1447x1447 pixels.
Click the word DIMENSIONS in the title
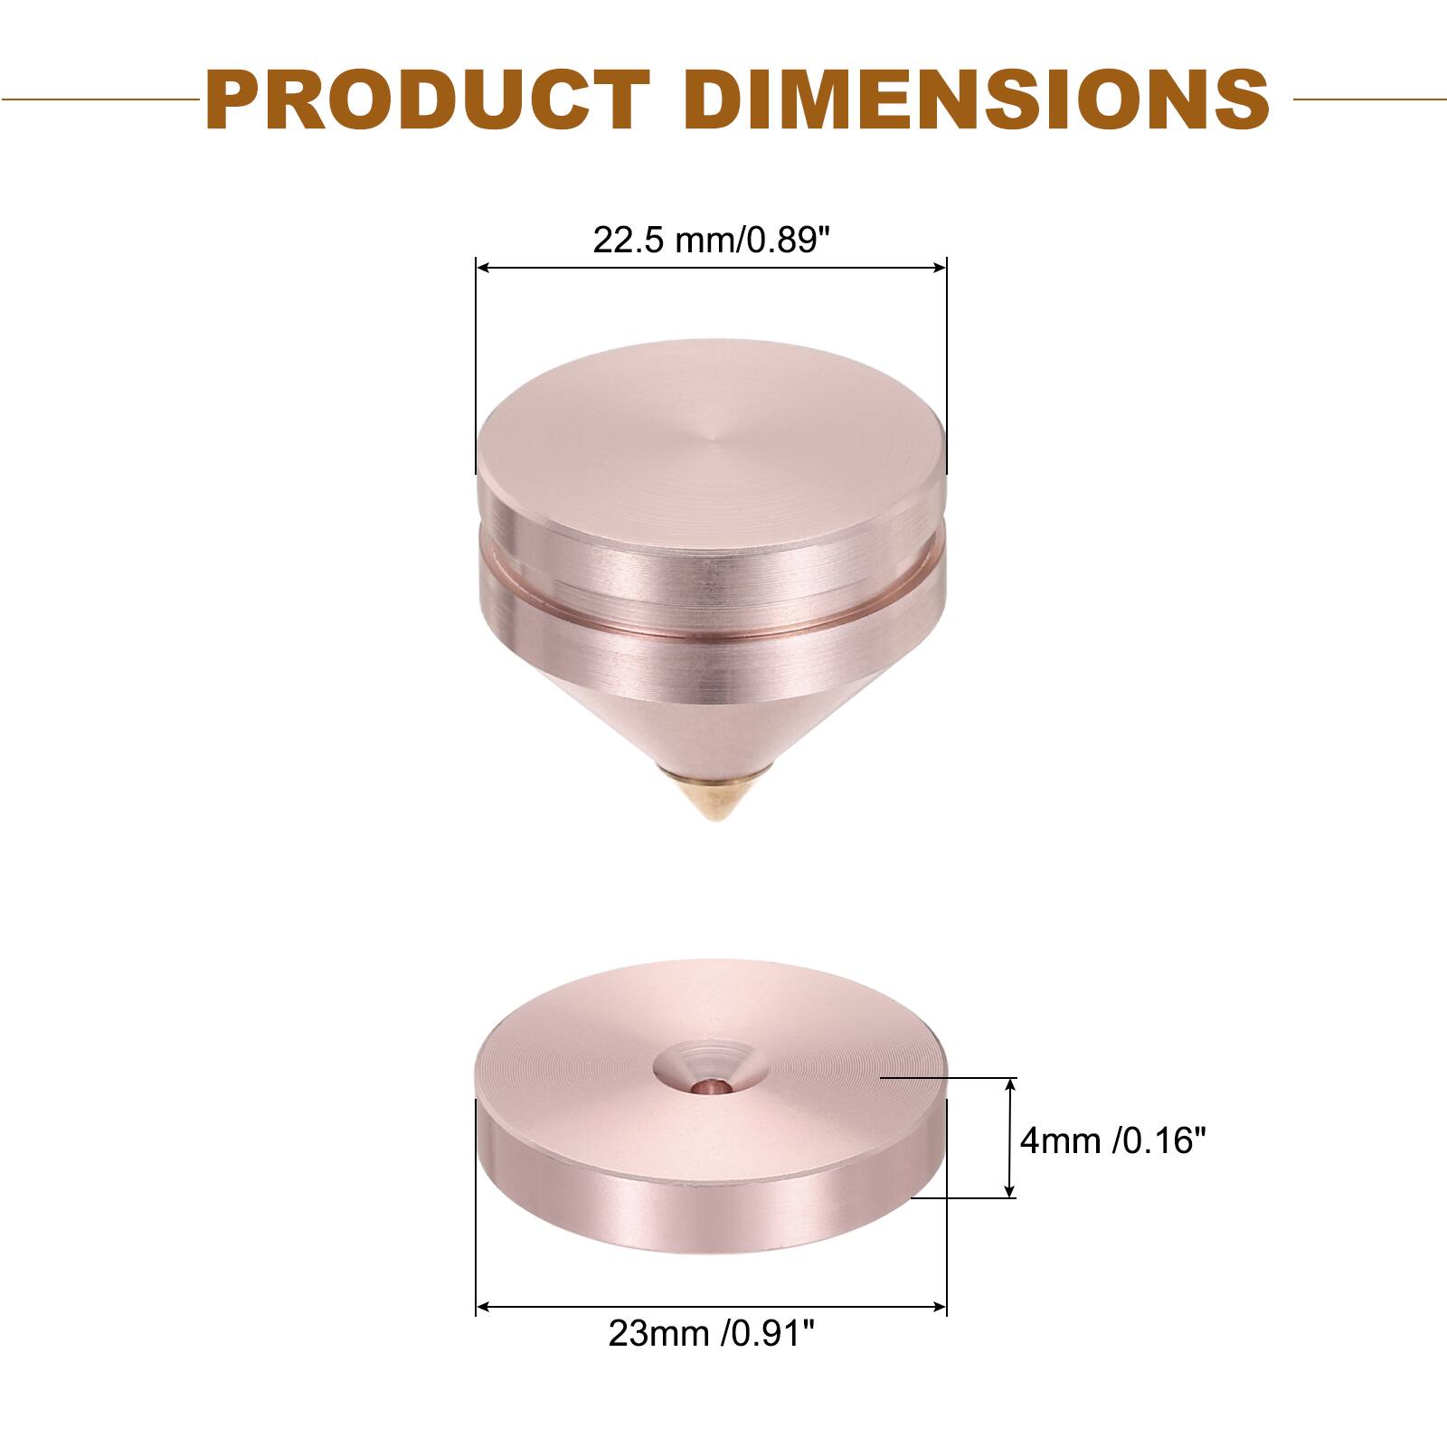(977, 99)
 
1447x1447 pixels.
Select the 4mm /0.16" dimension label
(1114, 1140)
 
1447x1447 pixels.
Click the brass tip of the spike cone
(712, 800)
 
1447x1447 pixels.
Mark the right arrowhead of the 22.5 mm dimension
(940, 268)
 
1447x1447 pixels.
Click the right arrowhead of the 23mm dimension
(940, 1307)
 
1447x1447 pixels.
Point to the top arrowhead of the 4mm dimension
(1011, 1084)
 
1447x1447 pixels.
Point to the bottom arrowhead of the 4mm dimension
(1011, 1193)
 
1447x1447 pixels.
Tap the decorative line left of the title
(99, 99)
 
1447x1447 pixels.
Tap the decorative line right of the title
(1370, 99)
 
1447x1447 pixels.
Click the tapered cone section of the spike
(712, 728)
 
